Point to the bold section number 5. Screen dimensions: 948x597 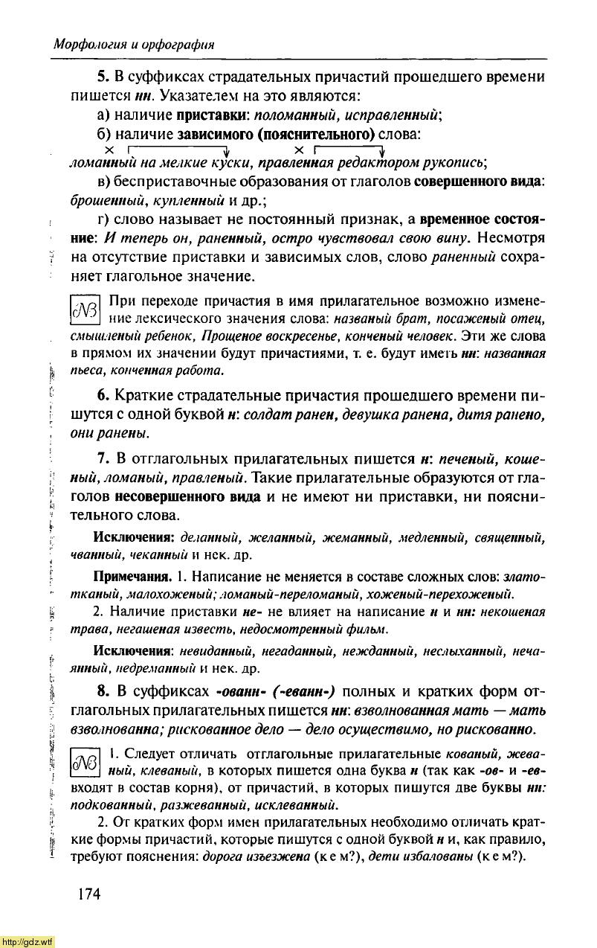coord(103,77)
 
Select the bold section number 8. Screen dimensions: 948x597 coord(103,689)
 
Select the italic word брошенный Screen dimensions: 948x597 coord(102,202)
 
